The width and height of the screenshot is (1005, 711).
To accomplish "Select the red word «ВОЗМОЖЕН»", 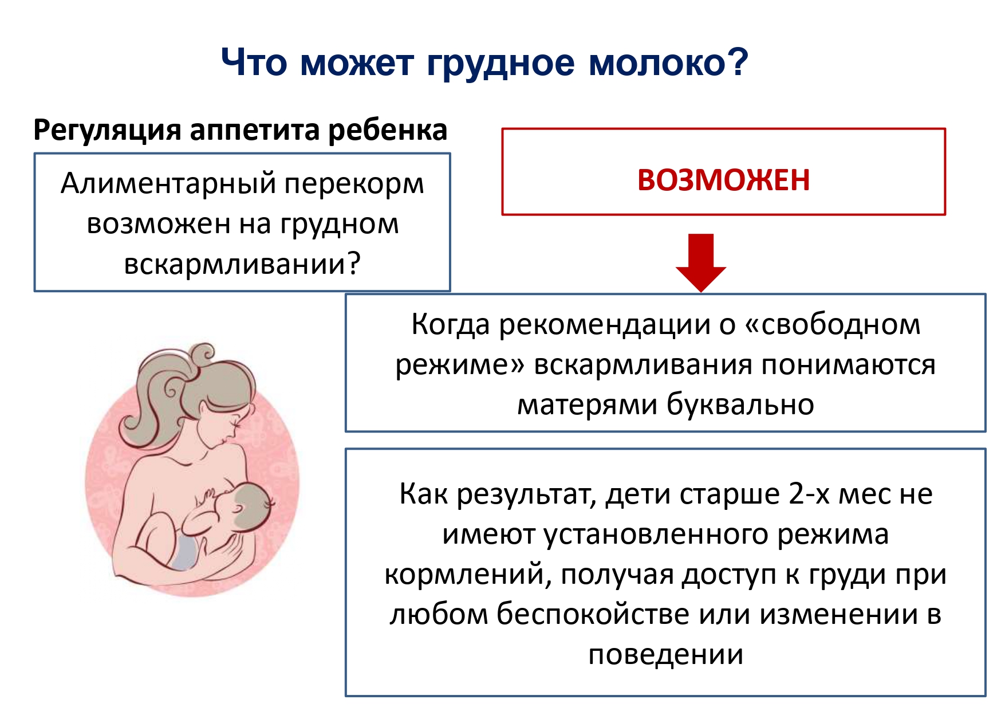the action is pos(723,180).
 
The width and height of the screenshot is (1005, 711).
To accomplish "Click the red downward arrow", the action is pos(701,262).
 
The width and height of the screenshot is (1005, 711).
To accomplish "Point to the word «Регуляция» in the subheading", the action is pos(107,131).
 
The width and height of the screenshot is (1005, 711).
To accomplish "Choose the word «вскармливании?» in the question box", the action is pos(242,264).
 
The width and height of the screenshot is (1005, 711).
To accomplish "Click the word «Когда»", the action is pos(451,325).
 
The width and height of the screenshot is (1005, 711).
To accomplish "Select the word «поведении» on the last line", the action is pos(665,655).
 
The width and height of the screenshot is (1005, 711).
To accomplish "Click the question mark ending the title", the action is pos(739,61).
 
